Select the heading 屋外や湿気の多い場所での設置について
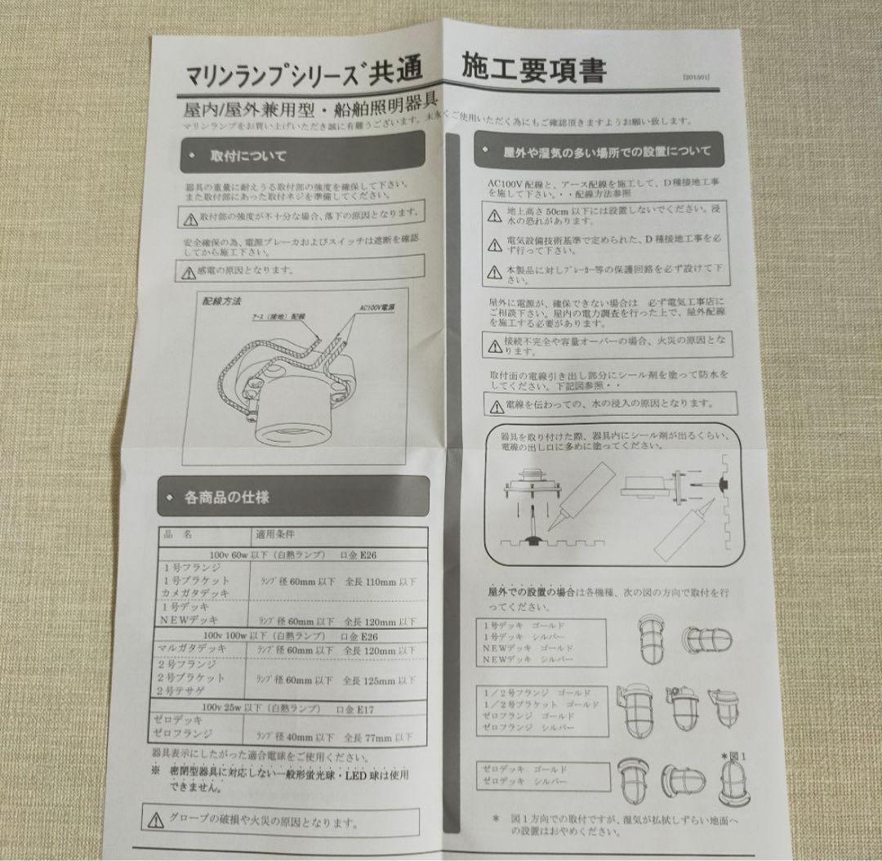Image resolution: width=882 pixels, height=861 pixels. [607, 151]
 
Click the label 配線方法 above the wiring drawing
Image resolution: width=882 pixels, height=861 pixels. [221, 301]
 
